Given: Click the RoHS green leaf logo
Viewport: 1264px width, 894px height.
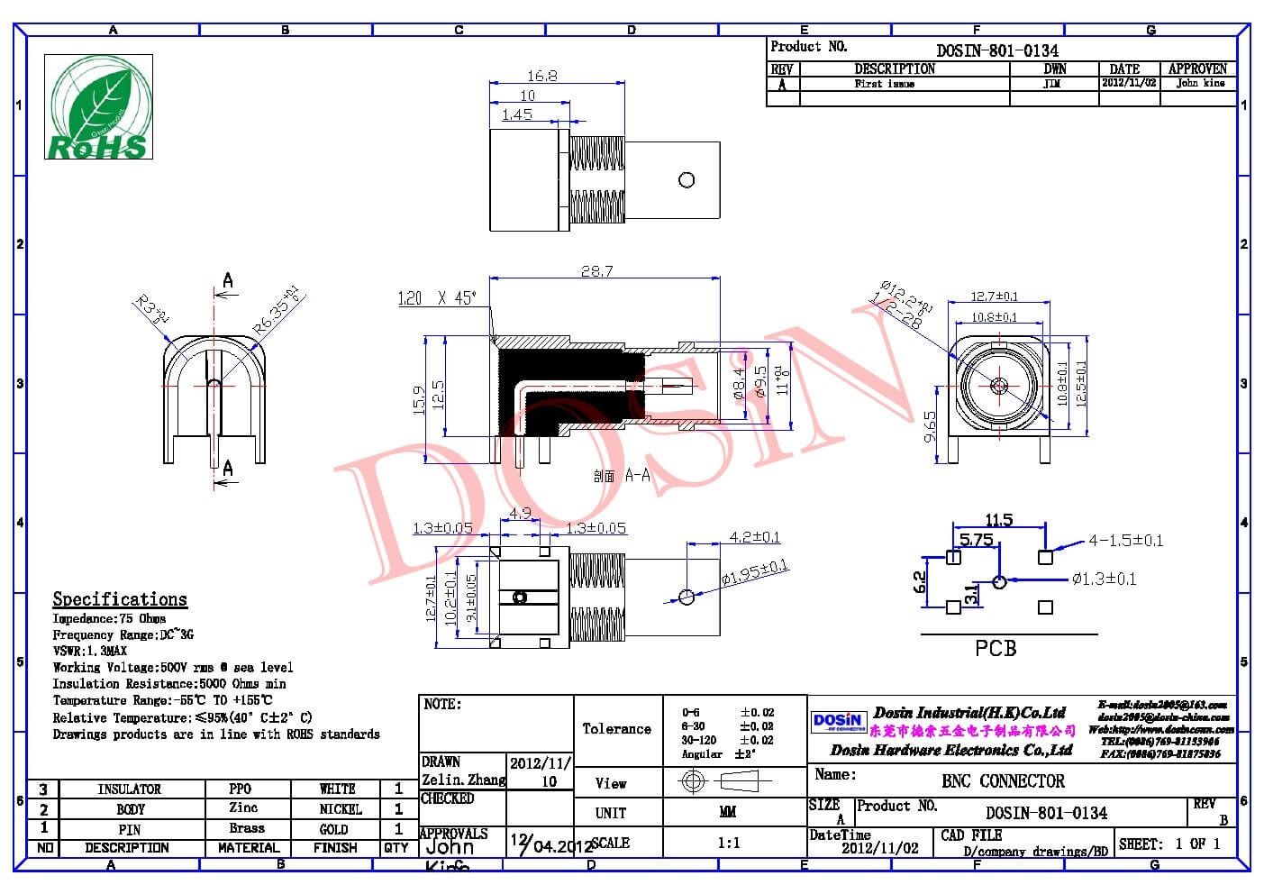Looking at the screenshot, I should pos(99,106).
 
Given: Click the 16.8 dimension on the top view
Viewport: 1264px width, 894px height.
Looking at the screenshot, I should pos(541,76).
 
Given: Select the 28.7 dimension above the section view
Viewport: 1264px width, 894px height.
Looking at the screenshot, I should pos(596,270).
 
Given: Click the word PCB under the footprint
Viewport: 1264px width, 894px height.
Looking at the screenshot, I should pos(996,648).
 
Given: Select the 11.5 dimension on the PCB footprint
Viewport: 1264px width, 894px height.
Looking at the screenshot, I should pos(998,520).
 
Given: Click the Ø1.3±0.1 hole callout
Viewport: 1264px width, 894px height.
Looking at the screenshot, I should pos(1104,579).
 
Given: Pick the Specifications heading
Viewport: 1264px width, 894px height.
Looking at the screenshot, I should pos(120,599).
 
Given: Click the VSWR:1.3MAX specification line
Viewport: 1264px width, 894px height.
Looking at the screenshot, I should pos(90,651).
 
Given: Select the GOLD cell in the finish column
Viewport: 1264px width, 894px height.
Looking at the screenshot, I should pos(333,829).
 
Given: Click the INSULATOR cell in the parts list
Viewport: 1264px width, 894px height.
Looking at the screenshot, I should pos(129,789).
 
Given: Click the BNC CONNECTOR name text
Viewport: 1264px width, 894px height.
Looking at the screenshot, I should pos(1003,781).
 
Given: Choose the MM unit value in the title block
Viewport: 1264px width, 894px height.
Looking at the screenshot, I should pos(728,813).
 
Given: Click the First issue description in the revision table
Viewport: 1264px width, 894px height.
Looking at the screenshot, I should pos(884,84).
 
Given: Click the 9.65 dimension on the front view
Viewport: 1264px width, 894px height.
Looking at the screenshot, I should pos(931,425).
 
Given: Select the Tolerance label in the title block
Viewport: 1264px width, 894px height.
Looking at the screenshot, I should pos(616,729).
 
